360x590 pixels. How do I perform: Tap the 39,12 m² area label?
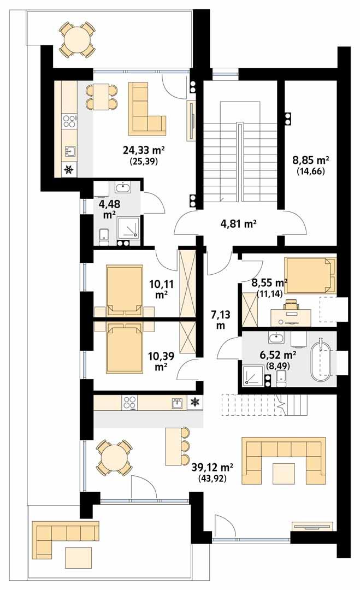point(213,468)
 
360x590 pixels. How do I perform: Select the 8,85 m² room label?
point(311,161)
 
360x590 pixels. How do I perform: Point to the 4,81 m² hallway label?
point(238,223)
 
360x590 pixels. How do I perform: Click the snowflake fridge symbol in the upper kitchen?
point(69,170)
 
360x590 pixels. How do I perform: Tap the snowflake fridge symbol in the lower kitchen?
point(193,403)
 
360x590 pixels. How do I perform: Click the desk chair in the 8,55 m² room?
point(291,305)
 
